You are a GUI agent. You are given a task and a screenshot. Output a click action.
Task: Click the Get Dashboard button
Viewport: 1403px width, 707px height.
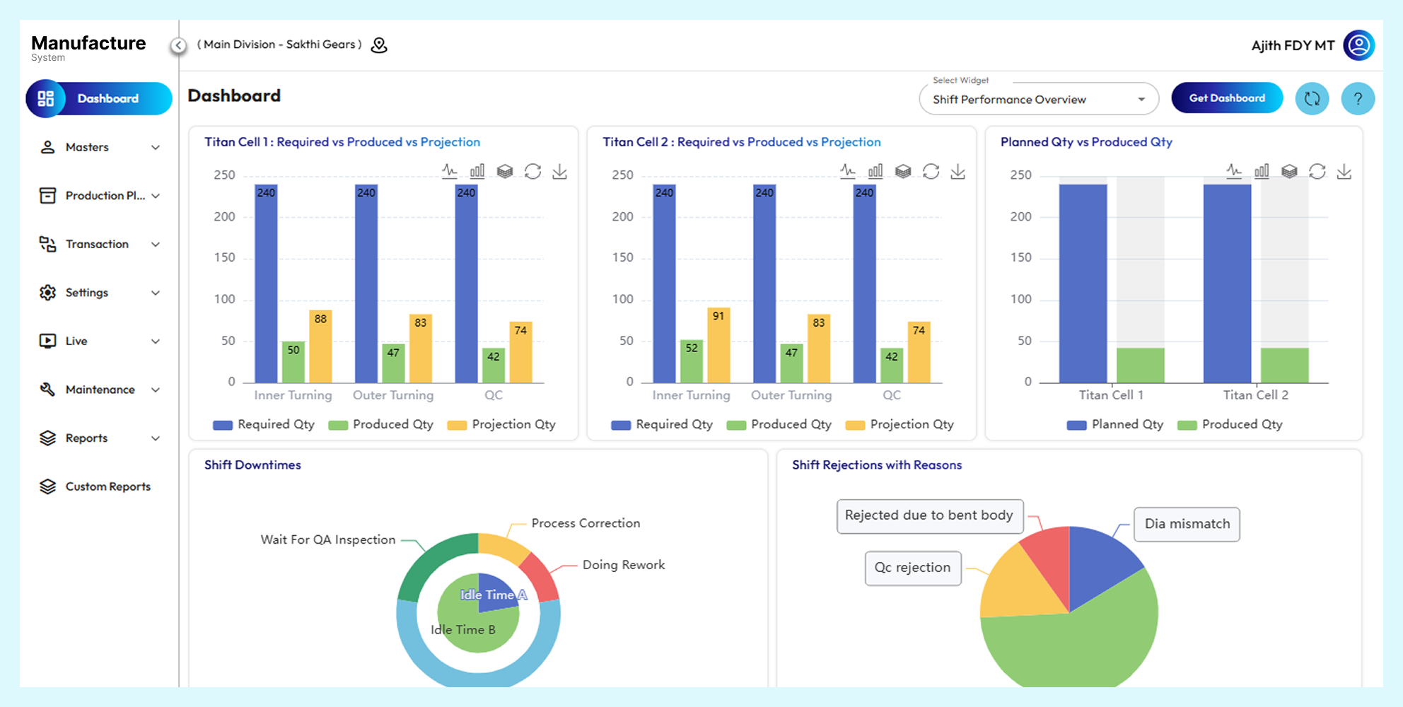point(1227,98)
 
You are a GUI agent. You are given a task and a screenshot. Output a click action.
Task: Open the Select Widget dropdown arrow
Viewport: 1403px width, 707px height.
point(1141,100)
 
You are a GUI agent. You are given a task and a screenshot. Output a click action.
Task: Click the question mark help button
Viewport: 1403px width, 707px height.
point(1357,99)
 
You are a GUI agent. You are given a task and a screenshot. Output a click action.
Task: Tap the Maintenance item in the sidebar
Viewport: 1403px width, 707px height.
point(100,390)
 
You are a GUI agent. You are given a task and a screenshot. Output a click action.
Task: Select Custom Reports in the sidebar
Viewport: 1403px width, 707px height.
point(107,486)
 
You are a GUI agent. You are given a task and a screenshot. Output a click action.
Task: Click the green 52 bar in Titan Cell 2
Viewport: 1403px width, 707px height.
point(692,362)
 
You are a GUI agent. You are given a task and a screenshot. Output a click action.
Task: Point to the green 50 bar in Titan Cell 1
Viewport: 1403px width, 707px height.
point(293,363)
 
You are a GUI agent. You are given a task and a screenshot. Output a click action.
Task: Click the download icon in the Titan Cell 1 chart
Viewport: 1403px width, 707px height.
point(559,172)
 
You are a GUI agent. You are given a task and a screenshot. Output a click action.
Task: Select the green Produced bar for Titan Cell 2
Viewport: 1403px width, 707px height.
point(1284,366)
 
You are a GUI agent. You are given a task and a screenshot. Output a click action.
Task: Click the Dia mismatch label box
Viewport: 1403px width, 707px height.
point(1187,524)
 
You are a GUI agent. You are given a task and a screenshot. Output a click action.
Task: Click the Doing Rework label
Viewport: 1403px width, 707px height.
point(623,565)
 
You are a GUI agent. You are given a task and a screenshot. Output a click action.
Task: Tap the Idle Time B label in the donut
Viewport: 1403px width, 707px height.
point(462,630)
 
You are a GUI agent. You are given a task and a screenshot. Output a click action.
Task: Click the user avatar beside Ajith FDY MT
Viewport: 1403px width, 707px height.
point(1358,45)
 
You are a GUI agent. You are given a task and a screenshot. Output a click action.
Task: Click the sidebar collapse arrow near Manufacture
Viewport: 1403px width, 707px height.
point(178,45)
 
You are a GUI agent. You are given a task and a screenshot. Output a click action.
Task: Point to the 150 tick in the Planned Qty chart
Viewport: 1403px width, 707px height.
point(1020,258)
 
